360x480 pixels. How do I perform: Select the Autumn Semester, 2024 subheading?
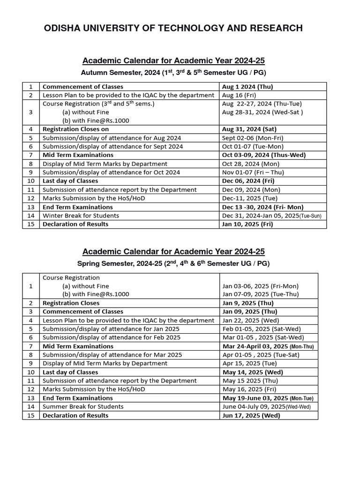[173, 73]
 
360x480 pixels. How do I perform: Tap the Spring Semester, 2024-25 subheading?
[173, 263]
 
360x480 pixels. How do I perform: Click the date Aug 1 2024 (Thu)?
[247, 87]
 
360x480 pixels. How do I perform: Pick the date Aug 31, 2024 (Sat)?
[249, 129]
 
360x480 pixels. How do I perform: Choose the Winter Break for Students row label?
[81, 216]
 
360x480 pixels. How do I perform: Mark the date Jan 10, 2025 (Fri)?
[247, 224]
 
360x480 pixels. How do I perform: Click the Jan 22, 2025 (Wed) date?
[251, 321]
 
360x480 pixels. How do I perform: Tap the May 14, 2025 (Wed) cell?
[253, 372]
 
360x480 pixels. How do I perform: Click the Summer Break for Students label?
[83, 407]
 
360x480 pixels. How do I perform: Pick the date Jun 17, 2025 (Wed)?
[251, 415]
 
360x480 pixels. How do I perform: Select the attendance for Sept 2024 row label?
[112, 147]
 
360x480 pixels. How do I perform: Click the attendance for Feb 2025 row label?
[111, 337]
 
